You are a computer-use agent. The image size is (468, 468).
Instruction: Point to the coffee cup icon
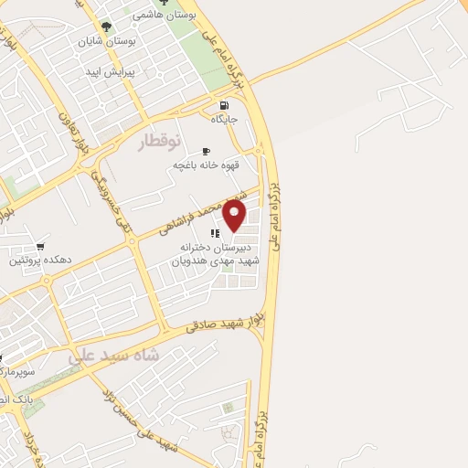(206, 151)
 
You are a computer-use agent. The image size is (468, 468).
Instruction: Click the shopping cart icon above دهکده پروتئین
(39, 247)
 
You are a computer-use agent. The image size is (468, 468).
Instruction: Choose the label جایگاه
(225, 120)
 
